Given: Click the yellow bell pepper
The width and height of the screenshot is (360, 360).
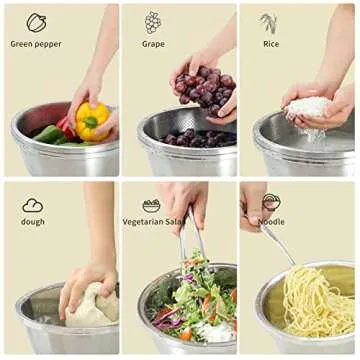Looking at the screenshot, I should [92, 120].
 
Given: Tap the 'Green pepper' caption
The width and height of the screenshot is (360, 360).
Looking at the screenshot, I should [36, 44].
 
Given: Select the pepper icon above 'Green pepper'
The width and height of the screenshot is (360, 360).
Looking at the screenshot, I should [36, 22].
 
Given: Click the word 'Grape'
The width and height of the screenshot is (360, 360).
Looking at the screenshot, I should [153, 44].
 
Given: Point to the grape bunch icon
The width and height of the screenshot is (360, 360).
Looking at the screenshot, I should [153, 22].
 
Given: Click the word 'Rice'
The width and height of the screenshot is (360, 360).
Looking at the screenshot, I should [271, 44].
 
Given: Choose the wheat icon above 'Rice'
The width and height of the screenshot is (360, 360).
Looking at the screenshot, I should [270, 22].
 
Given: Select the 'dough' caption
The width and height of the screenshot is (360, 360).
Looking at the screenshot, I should [33, 221].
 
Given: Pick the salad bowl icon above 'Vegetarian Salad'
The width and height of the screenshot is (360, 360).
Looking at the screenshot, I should [152, 204].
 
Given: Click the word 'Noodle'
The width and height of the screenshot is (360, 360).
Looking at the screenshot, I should [271, 221].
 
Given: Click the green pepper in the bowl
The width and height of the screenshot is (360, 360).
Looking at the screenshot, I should [49, 133].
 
